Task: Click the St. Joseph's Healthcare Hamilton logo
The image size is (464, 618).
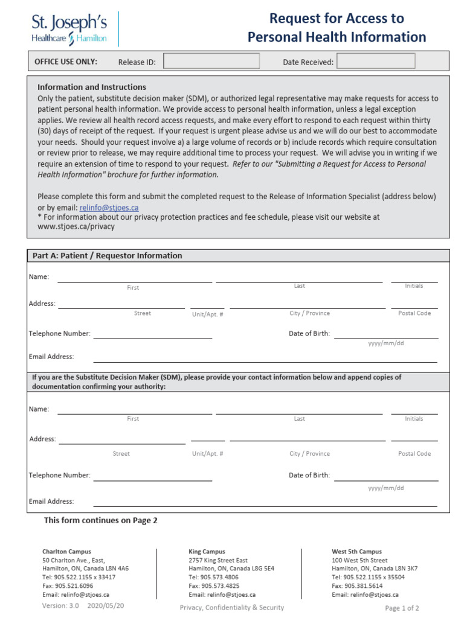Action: pyautogui.click(x=69, y=29)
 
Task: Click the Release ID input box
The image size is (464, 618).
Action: pyautogui.click(x=211, y=61)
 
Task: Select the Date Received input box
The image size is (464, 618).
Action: pyautogui.click(x=376, y=61)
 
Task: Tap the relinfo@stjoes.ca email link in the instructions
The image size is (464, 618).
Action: pyautogui.click(x=109, y=208)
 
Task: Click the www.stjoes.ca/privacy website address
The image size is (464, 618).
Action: pyautogui.click(x=76, y=227)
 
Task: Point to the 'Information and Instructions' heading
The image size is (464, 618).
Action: pyautogui.click(x=92, y=87)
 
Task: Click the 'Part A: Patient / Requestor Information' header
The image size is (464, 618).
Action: pyautogui.click(x=107, y=256)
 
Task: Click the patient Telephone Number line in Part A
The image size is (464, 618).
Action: pyautogui.click(x=152, y=334)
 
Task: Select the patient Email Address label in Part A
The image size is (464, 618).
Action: pyautogui.click(x=51, y=357)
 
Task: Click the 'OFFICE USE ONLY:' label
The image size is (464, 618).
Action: pyautogui.click(x=66, y=62)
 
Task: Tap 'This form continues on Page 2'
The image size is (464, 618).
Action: pyautogui.click(x=100, y=520)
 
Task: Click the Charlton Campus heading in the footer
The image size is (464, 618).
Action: pyautogui.click(x=66, y=552)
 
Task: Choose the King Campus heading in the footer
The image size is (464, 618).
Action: pyautogui.click(x=207, y=552)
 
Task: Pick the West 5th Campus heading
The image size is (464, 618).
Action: pyautogui.click(x=356, y=552)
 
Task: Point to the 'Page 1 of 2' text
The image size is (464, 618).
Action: pyautogui.click(x=402, y=608)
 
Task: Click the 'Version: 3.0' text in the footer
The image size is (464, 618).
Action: pyautogui.click(x=60, y=605)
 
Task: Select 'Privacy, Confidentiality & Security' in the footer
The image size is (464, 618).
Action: pyautogui.click(x=231, y=608)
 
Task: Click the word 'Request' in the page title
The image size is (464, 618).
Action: pyautogui.click(x=294, y=18)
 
